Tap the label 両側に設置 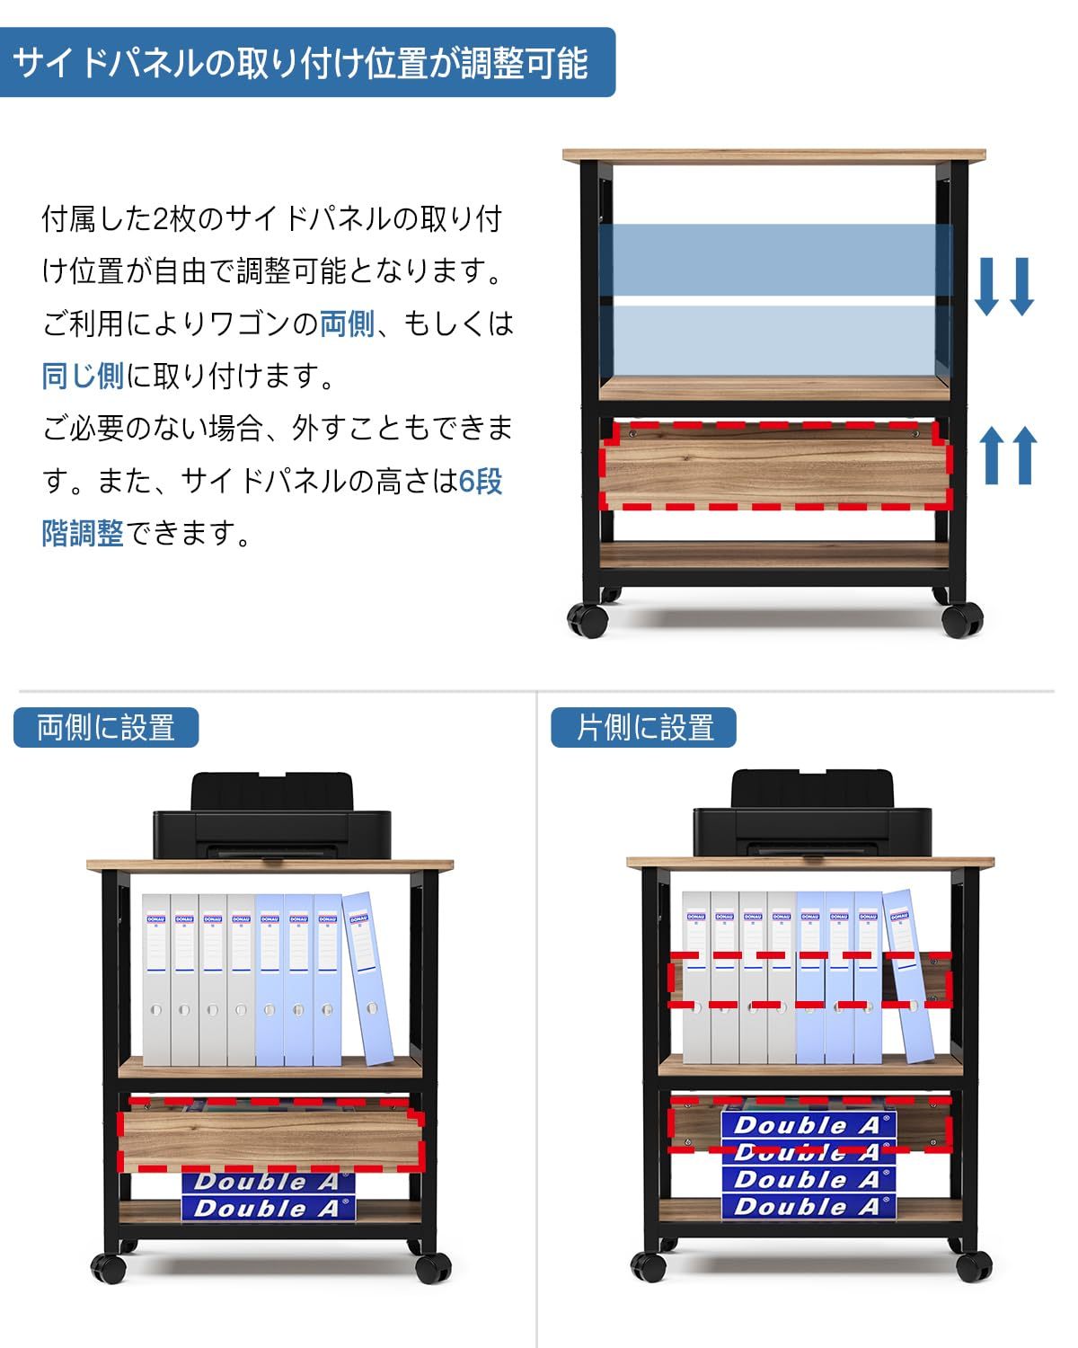(x=106, y=727)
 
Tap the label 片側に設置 (x=644, y=727)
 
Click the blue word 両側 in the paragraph (x=347, y=323)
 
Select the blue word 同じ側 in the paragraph (x=83, y=376)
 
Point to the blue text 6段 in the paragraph (x=480, y=482)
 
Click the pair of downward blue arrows (x=1004, y=286)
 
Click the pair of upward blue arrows (x=1006, y=455)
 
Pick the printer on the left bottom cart (x=271, y=816)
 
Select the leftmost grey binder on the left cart (x=156, y=979)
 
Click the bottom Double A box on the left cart (x=269, y=1209)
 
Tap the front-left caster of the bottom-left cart (x=110, y=1267)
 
